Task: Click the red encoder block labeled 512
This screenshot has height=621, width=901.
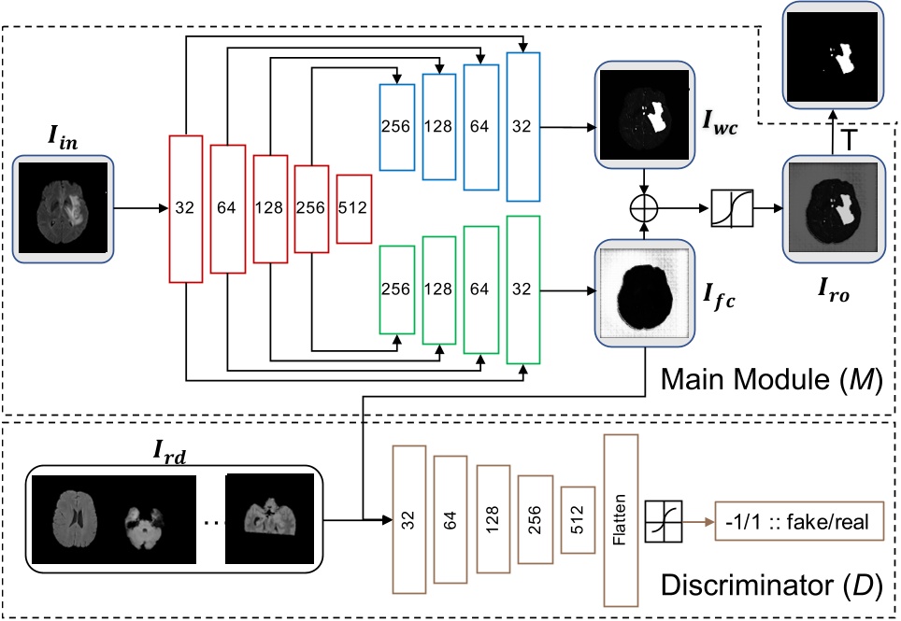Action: [x=354, y=209]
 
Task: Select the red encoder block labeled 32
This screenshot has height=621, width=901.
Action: [x=185, y=209]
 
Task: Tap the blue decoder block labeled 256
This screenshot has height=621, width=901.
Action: [x=396, y=127]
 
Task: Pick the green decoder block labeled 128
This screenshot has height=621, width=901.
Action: [x=437, y=289]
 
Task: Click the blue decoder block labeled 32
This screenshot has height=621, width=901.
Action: [x=522, y=127]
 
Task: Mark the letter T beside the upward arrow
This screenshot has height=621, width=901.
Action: [x=848, y=139]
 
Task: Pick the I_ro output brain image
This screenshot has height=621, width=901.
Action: [x=830, y=210]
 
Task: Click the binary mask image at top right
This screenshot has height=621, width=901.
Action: [x=831, y=54]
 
